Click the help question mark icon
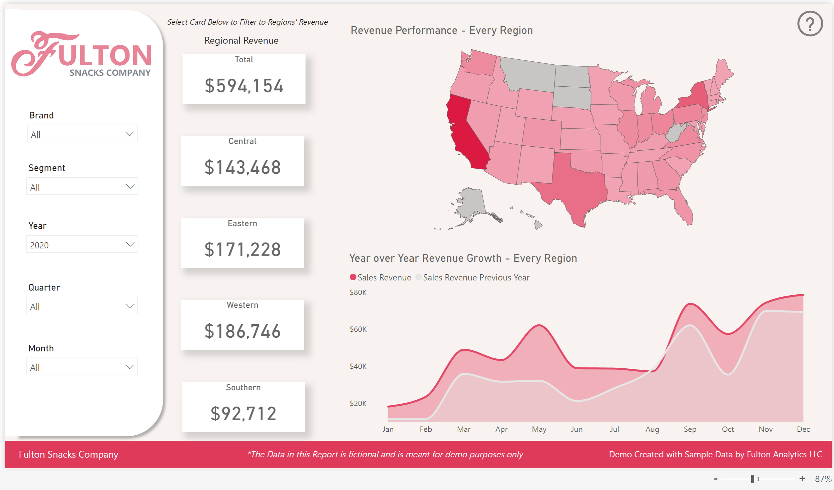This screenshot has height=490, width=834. tap(810, 24)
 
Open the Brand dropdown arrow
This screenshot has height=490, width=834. tap(129, 134)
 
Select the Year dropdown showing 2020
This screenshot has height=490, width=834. tap(82, 244)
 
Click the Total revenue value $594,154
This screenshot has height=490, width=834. tap(244, 86)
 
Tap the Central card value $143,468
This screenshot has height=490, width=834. tap(243, 167)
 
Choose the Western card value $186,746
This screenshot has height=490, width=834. tap(243, 331)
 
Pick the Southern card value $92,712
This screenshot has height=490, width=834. tap(244, 414)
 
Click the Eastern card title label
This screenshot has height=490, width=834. tap(243, 223)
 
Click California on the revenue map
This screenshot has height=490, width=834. tap(465, 133)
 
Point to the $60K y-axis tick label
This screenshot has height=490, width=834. tap(358, 329)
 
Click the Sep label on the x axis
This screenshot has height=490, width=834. tap(690, 429)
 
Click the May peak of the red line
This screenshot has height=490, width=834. tap(539, 325)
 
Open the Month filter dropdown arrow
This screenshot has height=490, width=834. tap(129, 367)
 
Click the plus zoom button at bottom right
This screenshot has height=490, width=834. tap(802, 479)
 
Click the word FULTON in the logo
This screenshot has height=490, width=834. tap(103, 55)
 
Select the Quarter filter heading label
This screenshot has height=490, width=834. tap(44, 287)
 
